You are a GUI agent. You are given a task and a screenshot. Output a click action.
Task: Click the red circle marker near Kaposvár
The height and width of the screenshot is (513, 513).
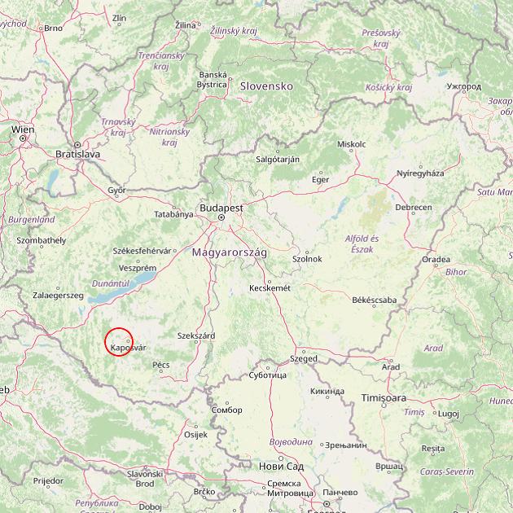[x=119, y=341]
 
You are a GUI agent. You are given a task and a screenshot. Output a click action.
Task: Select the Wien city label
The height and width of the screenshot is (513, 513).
[x=23, y=129]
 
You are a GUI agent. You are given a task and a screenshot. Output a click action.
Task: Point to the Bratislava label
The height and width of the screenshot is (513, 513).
[x=77, y=153]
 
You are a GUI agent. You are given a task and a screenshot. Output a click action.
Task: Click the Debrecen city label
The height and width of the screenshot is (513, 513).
[x=414, y=208]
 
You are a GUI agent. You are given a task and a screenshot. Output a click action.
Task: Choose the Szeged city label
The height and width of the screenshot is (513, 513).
[x=304, y=358]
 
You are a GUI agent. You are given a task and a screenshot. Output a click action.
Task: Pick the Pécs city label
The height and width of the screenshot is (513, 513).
[x=160, y=365]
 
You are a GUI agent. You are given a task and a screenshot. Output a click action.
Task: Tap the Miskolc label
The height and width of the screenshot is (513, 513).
[x=351, y=144]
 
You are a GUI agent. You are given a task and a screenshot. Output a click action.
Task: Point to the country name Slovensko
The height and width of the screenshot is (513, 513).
[x=265, y=85]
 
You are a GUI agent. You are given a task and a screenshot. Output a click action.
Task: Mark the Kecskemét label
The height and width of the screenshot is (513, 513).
[x=270, y=287]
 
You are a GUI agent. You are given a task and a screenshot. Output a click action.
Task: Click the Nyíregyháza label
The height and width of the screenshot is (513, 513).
[x=420, y=173]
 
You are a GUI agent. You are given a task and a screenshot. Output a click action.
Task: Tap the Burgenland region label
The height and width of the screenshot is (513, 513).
[x=31, y=220]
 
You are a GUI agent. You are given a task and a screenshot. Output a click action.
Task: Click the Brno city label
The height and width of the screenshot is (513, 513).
[x=53, y=28]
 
